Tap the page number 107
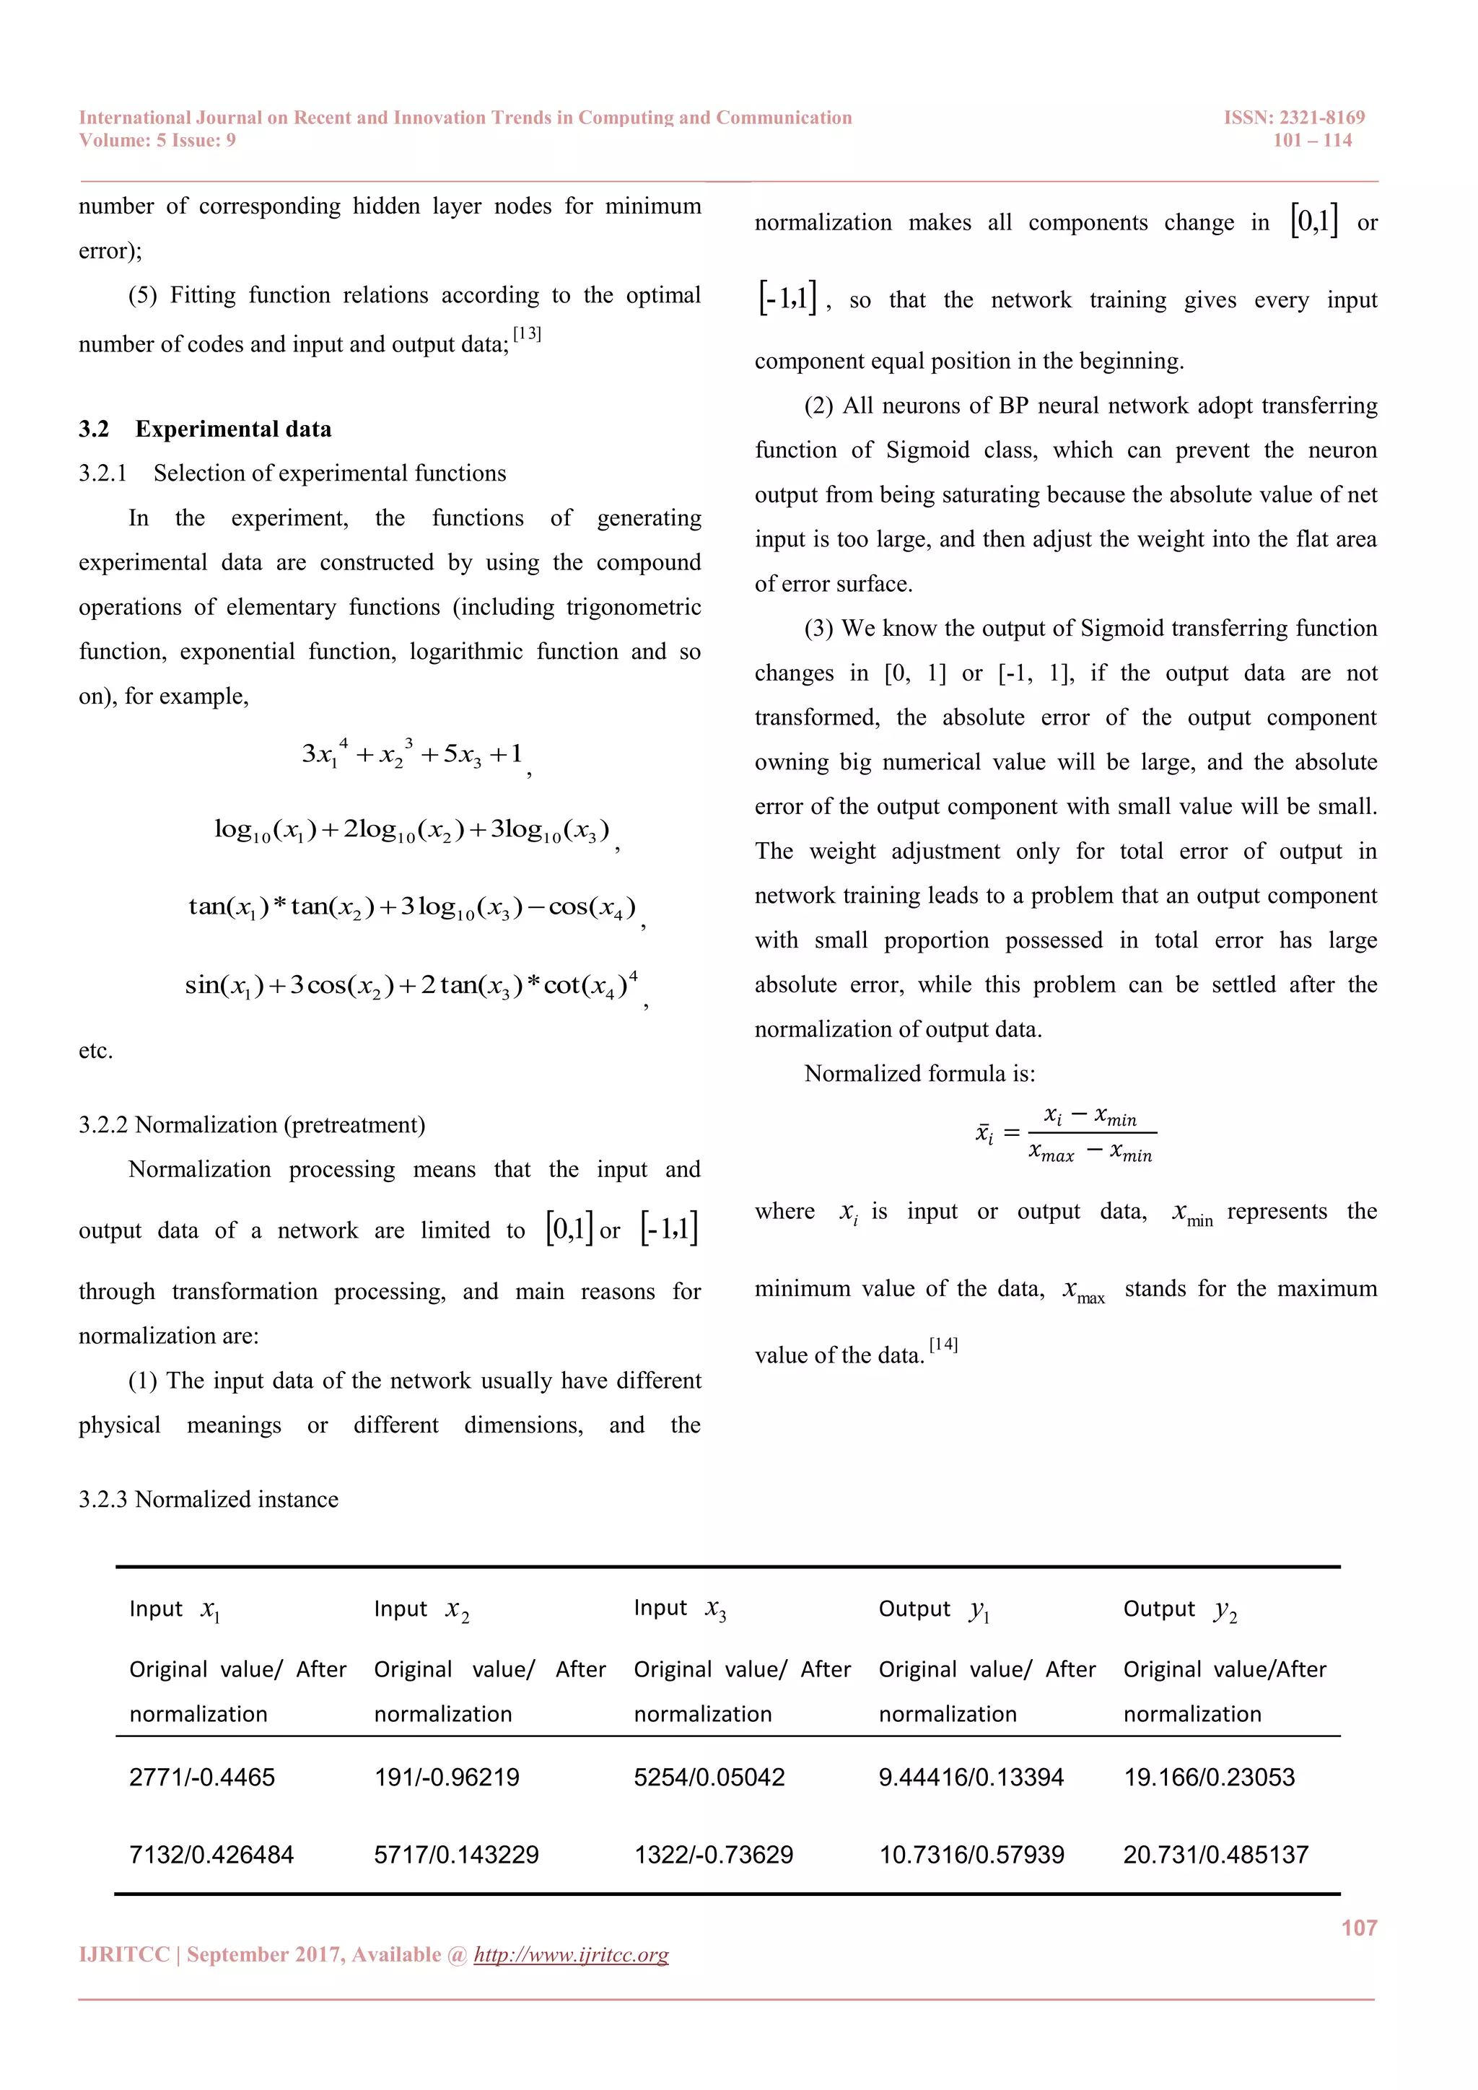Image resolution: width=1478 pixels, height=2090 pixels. coord(1359,1927)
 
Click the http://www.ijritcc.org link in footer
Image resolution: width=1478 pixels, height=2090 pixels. coord(571,1954)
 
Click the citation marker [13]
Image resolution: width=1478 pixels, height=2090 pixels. coord(527,334)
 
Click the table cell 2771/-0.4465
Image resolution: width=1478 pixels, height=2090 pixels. coord(201,1777)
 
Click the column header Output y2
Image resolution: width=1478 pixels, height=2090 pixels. coord(1179,1609)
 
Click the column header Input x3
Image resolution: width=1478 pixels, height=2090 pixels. coord(679,1609)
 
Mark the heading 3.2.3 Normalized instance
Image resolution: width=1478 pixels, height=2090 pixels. coord(209,1499)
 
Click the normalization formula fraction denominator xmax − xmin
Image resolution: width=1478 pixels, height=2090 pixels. coord(1090,1153)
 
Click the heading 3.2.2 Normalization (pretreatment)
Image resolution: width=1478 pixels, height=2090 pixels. coord(251,1124)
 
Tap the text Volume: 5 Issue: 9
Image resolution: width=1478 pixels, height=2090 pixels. coord(157,140)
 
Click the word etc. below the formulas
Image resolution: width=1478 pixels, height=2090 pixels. coord(95,1051)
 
